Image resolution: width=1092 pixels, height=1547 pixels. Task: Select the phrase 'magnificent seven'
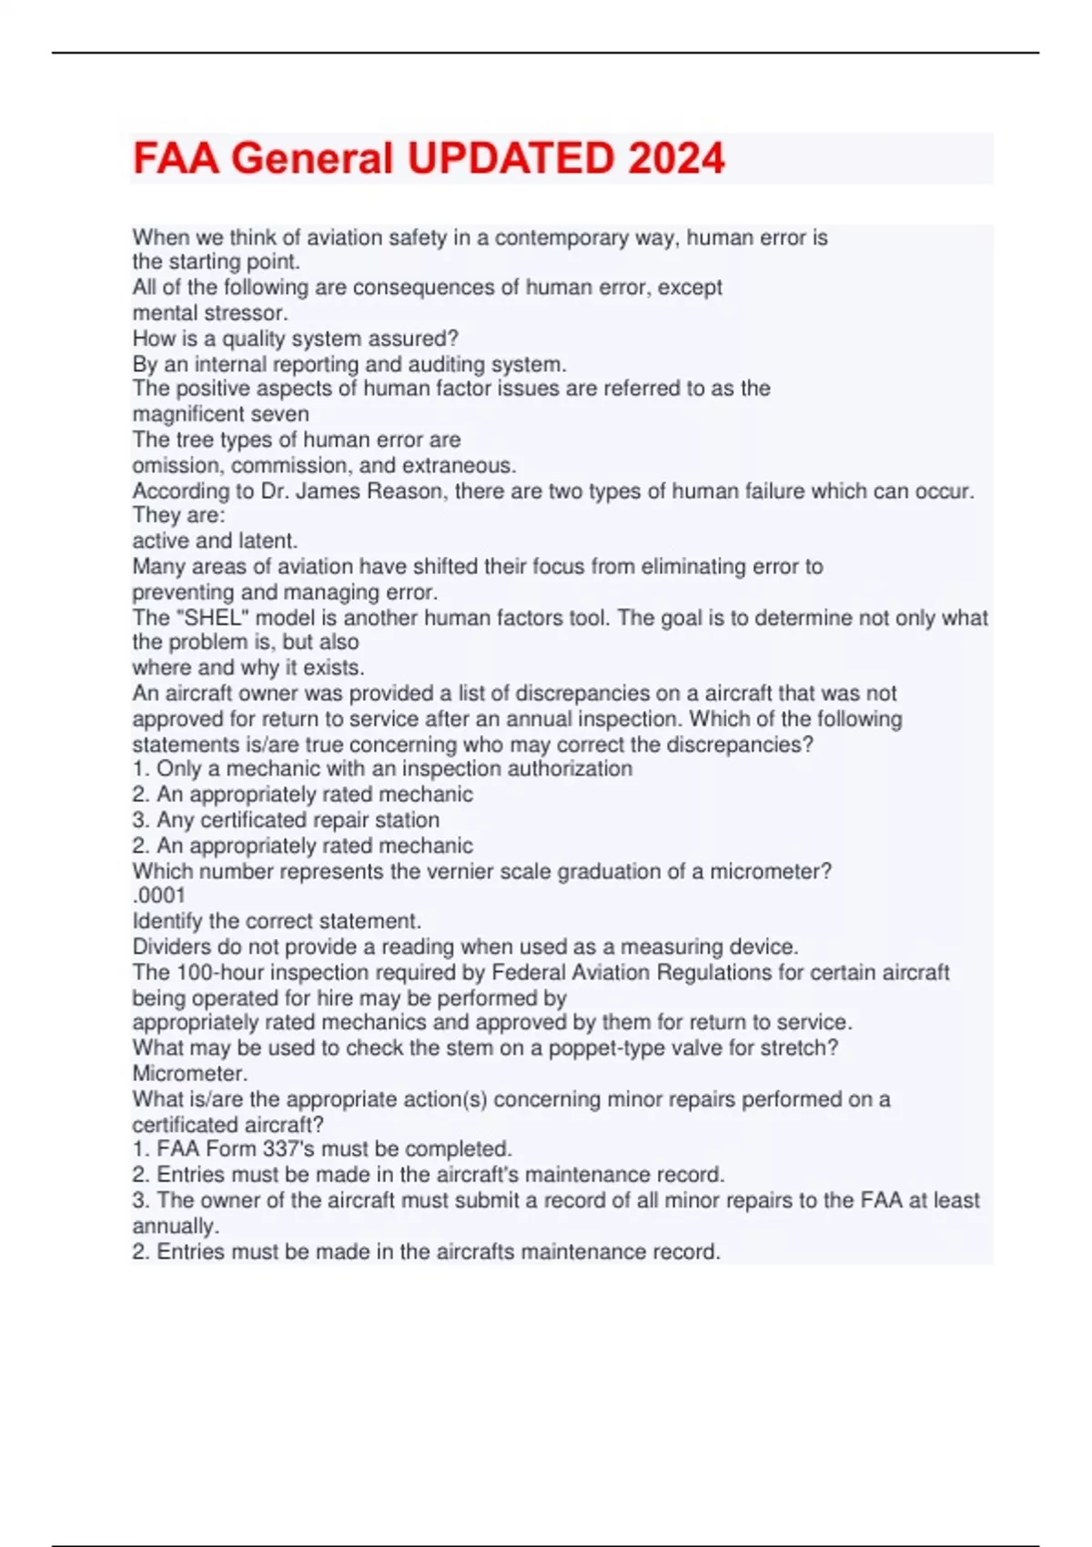220,414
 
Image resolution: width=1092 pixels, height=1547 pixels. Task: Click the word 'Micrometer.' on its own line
189,1073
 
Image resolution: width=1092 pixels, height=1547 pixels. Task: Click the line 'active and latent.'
215,541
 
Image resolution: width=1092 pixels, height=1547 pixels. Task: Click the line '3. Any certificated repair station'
286,819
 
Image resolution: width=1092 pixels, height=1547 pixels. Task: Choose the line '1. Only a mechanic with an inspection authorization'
382,769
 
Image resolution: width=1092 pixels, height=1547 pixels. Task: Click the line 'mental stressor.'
210,313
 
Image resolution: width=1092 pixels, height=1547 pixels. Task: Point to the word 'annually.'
176,1226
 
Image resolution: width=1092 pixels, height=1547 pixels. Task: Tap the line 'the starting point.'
216,262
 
